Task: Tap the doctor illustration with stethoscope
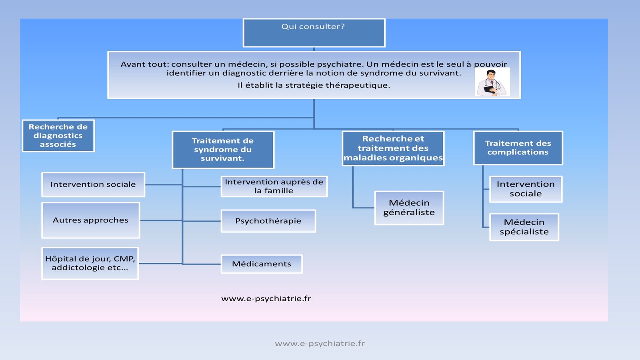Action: point(492,82)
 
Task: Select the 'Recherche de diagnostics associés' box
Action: point(58,136)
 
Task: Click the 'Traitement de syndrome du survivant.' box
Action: point(223,150)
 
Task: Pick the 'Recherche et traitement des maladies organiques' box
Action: point(393,148)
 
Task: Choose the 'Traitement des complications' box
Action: point(518,148)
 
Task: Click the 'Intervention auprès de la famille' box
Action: point(274,186)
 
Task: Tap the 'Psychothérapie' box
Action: point(268,221)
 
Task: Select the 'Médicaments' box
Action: point(262,264)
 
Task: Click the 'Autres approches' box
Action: point(91,220)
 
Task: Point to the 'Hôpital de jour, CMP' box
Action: point(90,263)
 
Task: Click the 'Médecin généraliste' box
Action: point(409,208)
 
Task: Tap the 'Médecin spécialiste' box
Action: point(524,227)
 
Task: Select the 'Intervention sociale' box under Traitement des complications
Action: point(526,189)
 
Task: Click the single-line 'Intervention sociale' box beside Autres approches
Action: point(93,185)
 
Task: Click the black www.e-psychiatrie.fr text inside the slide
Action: point(266,298)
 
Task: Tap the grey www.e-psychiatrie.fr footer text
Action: point(320,344)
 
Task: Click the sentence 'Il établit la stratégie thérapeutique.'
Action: point(314,85)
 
